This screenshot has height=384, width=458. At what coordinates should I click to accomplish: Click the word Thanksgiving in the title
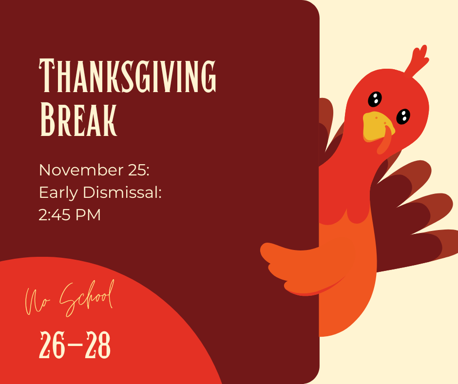click(127, 76)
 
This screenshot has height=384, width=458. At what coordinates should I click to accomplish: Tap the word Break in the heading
click(78, 119)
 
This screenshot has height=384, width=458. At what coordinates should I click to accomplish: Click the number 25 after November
click(139, 170)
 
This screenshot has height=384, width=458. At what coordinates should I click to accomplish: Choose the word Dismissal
click(122, 192)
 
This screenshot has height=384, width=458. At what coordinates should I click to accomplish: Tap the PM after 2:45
click(88, 215)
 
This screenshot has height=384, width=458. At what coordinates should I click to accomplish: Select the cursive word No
click(36, 302)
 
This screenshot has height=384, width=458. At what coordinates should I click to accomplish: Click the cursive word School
click(87, 298)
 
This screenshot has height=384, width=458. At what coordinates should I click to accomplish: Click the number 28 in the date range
click(97, 345)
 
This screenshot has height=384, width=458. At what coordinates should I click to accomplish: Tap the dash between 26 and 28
click(75, 345)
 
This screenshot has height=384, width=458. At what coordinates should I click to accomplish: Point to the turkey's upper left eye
click(375, 99)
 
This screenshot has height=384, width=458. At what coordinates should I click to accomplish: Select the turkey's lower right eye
click(403, 116)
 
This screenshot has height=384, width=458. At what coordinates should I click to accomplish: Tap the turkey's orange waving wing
click(301, 266)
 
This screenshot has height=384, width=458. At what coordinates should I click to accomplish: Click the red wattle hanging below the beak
click(385, 142)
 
